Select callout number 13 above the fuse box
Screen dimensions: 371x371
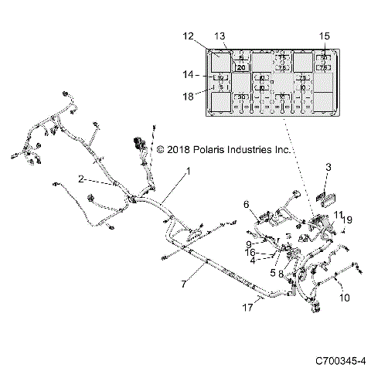[220, 36]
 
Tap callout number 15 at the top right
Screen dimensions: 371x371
[325, 36]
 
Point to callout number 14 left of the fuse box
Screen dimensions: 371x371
[188, 75]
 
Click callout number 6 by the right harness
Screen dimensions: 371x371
[247, 204]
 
